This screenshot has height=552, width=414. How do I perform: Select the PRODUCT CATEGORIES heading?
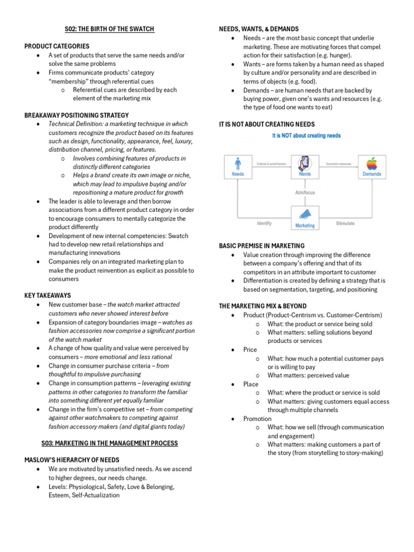(x=57, y=46)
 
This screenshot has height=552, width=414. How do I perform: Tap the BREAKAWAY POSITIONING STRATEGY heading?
(x=77, y=115)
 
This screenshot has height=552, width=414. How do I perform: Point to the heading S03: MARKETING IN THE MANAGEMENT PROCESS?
(x=110, y=443)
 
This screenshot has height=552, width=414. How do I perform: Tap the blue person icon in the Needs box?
(x=238, y=162)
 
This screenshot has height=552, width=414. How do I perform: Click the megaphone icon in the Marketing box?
(x=305, y=215)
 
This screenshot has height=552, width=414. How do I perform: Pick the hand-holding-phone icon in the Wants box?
(x=305, y=163)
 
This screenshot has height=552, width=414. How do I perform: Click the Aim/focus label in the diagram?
(x=305, y=192)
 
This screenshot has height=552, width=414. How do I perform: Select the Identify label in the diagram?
(x=264, y=223)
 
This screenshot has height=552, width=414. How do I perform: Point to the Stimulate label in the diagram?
(x=345, y=223)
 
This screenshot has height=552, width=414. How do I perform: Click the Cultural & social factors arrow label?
(x=272, y=163)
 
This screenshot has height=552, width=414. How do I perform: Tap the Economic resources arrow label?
(x=339, y=163)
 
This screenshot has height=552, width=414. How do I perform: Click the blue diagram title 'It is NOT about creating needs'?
(x=306, y=136)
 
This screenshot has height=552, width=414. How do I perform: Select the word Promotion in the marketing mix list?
(x=257, y=419)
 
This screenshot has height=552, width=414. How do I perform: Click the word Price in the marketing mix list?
(x=250, y=350)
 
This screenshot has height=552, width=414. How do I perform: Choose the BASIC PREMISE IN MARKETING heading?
(x=261, y=246)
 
